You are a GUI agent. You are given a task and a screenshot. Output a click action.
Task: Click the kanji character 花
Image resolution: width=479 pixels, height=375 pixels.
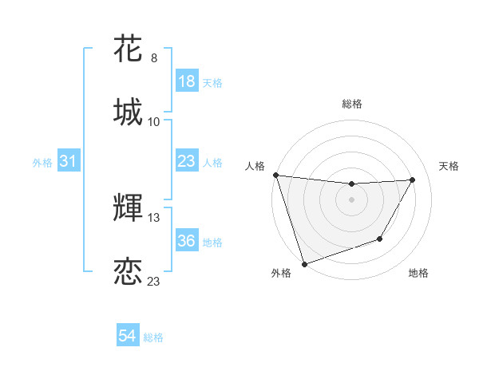pyautogui.click(x=129, y=49)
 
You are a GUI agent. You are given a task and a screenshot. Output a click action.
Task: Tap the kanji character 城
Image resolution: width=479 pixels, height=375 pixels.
pyautogui.click(x=129, y=112)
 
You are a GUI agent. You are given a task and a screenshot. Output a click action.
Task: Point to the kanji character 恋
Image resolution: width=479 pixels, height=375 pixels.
pyautogui.click(x=129, y=270)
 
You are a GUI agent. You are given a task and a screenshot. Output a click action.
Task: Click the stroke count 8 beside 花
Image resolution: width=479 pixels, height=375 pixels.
pyautogui.click(x=154, y=58)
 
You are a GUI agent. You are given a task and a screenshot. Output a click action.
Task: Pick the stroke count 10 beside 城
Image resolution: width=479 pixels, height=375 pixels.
pyautogui.click(x=154, y=121)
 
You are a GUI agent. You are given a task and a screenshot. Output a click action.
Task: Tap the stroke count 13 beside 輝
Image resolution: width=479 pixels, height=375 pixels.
pyautogui.click(x=154, y=217)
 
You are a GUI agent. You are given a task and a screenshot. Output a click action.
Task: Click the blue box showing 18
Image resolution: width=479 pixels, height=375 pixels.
pyautogui.click(x=186, y=81)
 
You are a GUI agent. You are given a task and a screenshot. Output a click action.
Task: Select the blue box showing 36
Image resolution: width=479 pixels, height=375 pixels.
pyautogui.click(x=186, y=241)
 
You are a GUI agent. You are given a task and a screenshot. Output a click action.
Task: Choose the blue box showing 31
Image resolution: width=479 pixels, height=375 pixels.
pyautogui.click(x=68, y=161)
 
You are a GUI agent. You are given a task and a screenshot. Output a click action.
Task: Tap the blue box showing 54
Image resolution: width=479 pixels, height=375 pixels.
pyautogui.click(x=128, y=337)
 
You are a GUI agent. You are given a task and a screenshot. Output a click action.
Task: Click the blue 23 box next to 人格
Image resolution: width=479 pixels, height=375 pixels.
pyautogui.click(x=186, y=161)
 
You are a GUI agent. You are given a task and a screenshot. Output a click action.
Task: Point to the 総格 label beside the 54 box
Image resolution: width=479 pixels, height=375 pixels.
pyautogui.click(x=153, y=337)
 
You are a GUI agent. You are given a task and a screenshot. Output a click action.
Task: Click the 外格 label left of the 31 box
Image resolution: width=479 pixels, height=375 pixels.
pyautogui.click(x=42, y=162)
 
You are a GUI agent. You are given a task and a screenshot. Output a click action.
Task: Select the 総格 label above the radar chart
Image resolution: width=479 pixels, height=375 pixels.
pyautogui.click(x=352, y=104)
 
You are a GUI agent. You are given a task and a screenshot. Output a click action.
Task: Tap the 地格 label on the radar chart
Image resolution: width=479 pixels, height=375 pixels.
pyautogui.click(x=418, y=273)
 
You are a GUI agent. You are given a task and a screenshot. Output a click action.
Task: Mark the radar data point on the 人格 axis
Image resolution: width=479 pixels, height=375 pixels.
pyautogui.click(x=276, y=175)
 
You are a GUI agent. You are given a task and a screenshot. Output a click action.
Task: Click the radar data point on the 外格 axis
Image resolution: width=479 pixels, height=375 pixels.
pyautogui.click(x=304, y=263)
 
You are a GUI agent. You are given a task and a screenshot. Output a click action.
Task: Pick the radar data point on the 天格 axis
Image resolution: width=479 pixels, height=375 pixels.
pyautogui.click(x=413, y=180)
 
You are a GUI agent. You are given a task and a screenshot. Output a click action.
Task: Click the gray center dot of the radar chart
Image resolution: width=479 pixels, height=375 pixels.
pyautogui.click(x=352, y=199)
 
